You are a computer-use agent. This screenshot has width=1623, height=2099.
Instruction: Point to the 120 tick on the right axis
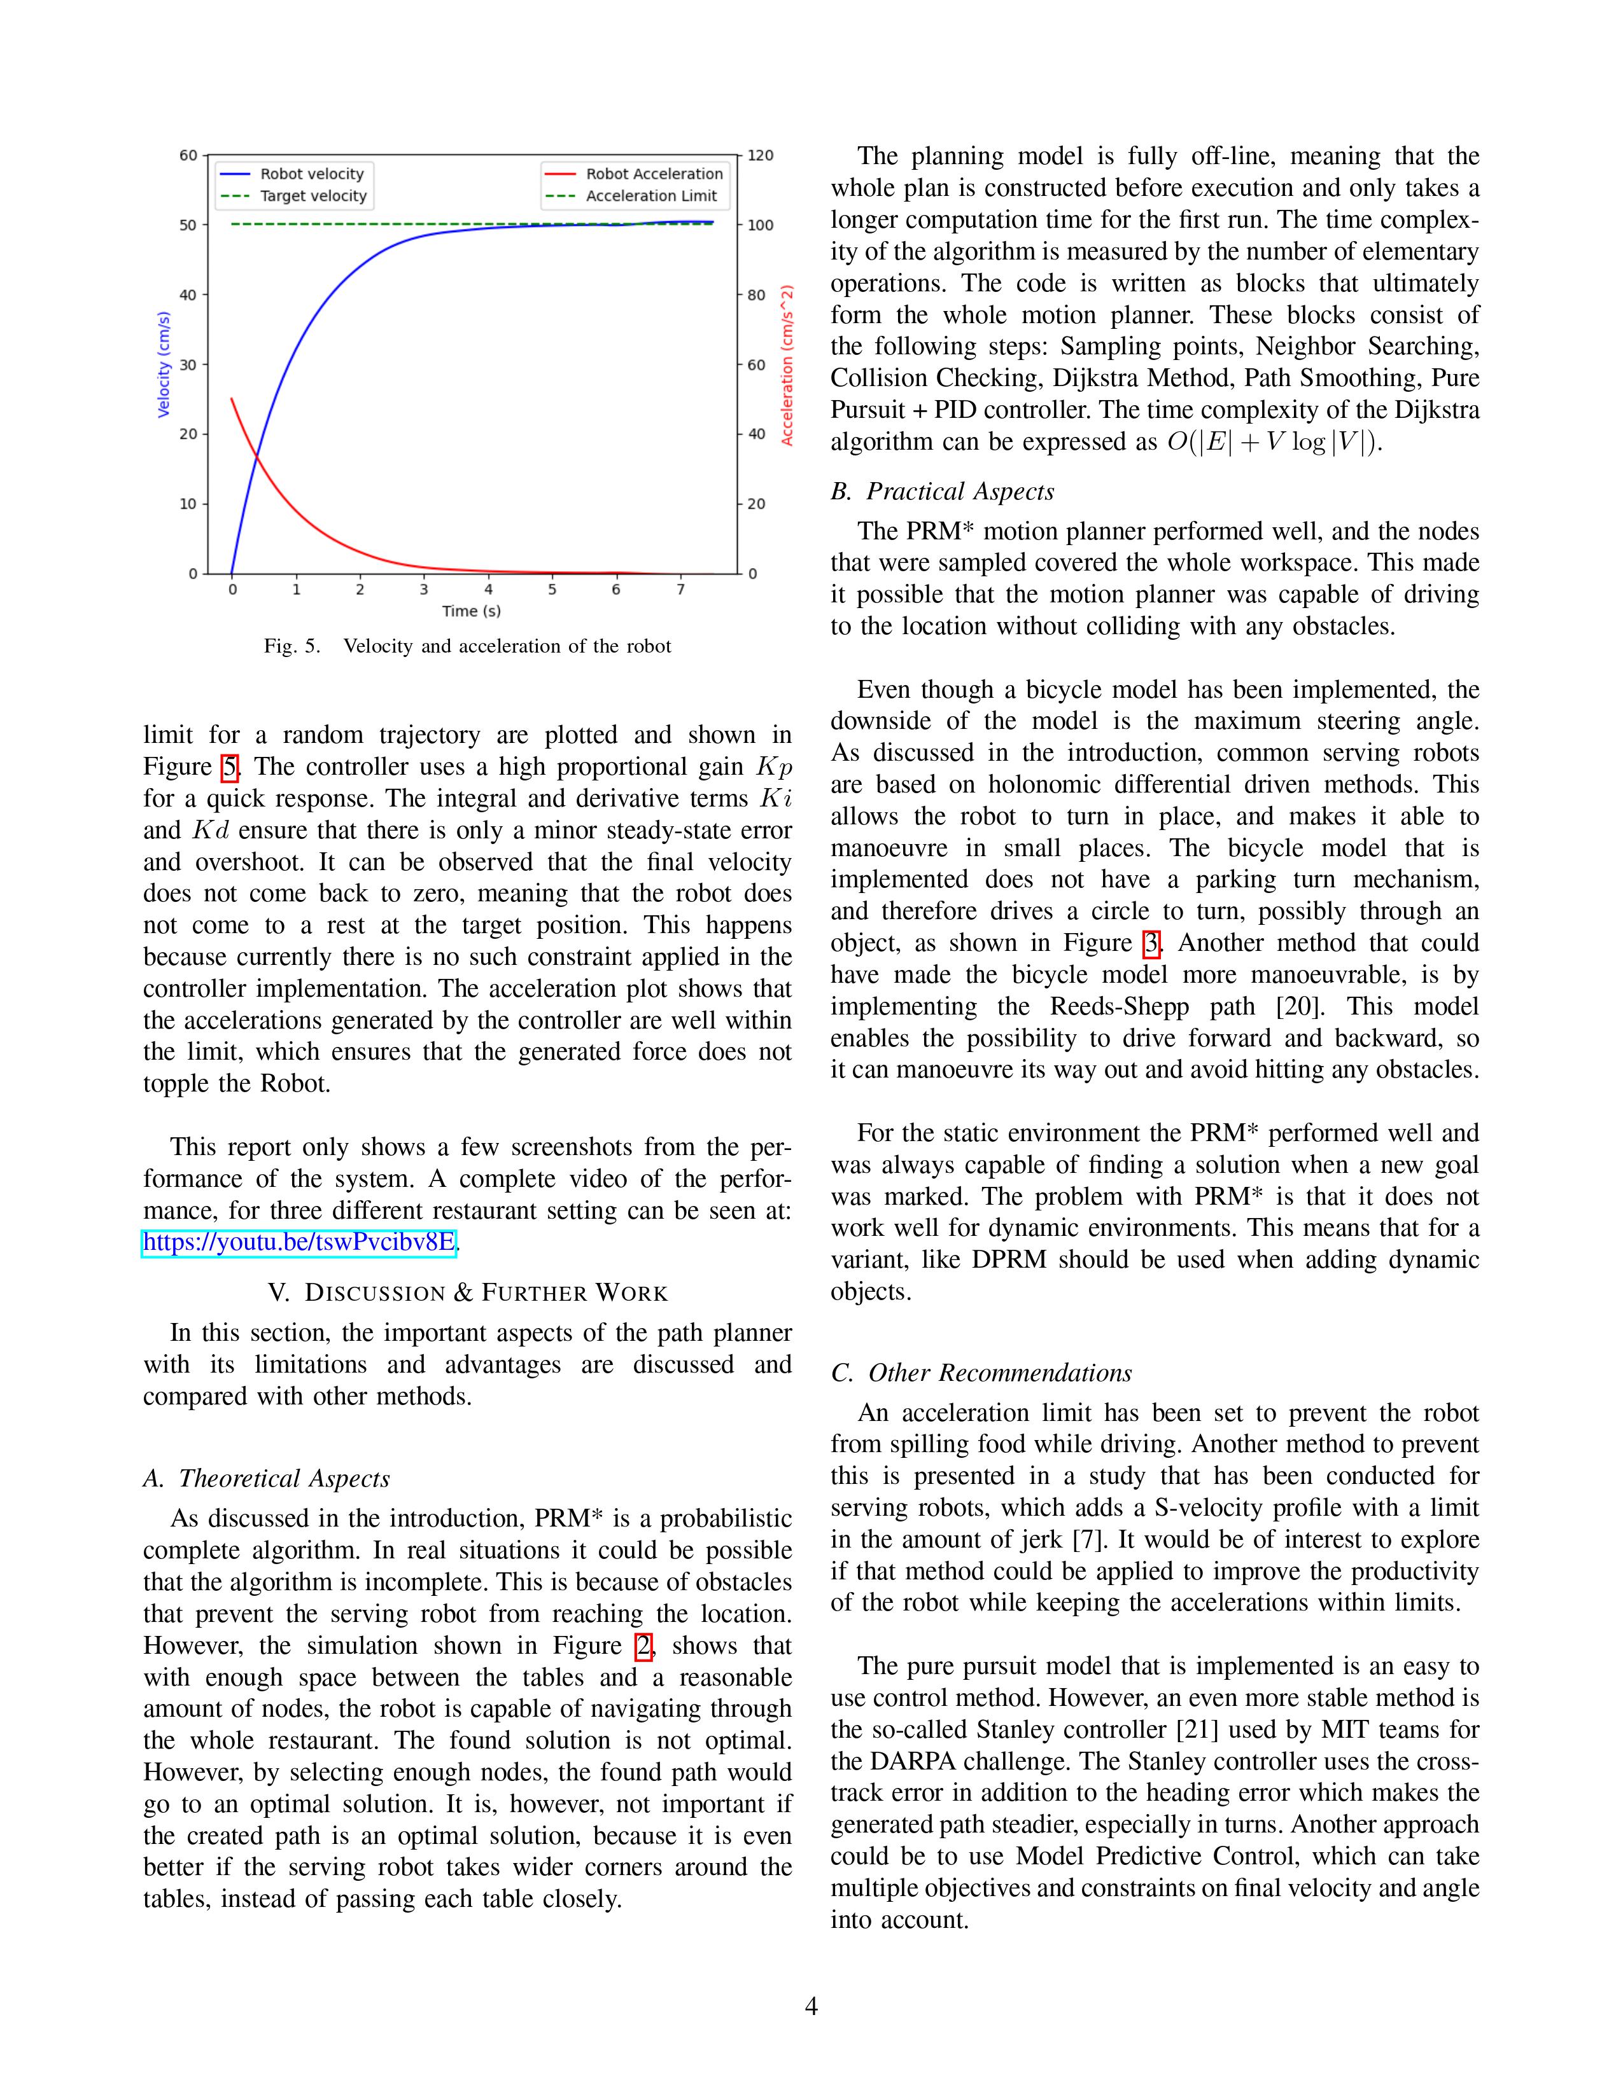tap(761, 156)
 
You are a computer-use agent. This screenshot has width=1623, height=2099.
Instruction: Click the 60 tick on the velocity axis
tap(188, 156)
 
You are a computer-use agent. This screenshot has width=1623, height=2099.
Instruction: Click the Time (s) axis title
tap(471, 611)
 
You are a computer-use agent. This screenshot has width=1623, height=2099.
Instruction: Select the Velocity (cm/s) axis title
tap(164, 364)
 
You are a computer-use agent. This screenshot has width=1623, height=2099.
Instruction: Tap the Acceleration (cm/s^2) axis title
tap(787, 364)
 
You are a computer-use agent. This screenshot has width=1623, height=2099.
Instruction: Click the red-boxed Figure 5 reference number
tap(230, 768)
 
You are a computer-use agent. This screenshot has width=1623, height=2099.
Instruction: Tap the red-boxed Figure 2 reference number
tap(644, 1646)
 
